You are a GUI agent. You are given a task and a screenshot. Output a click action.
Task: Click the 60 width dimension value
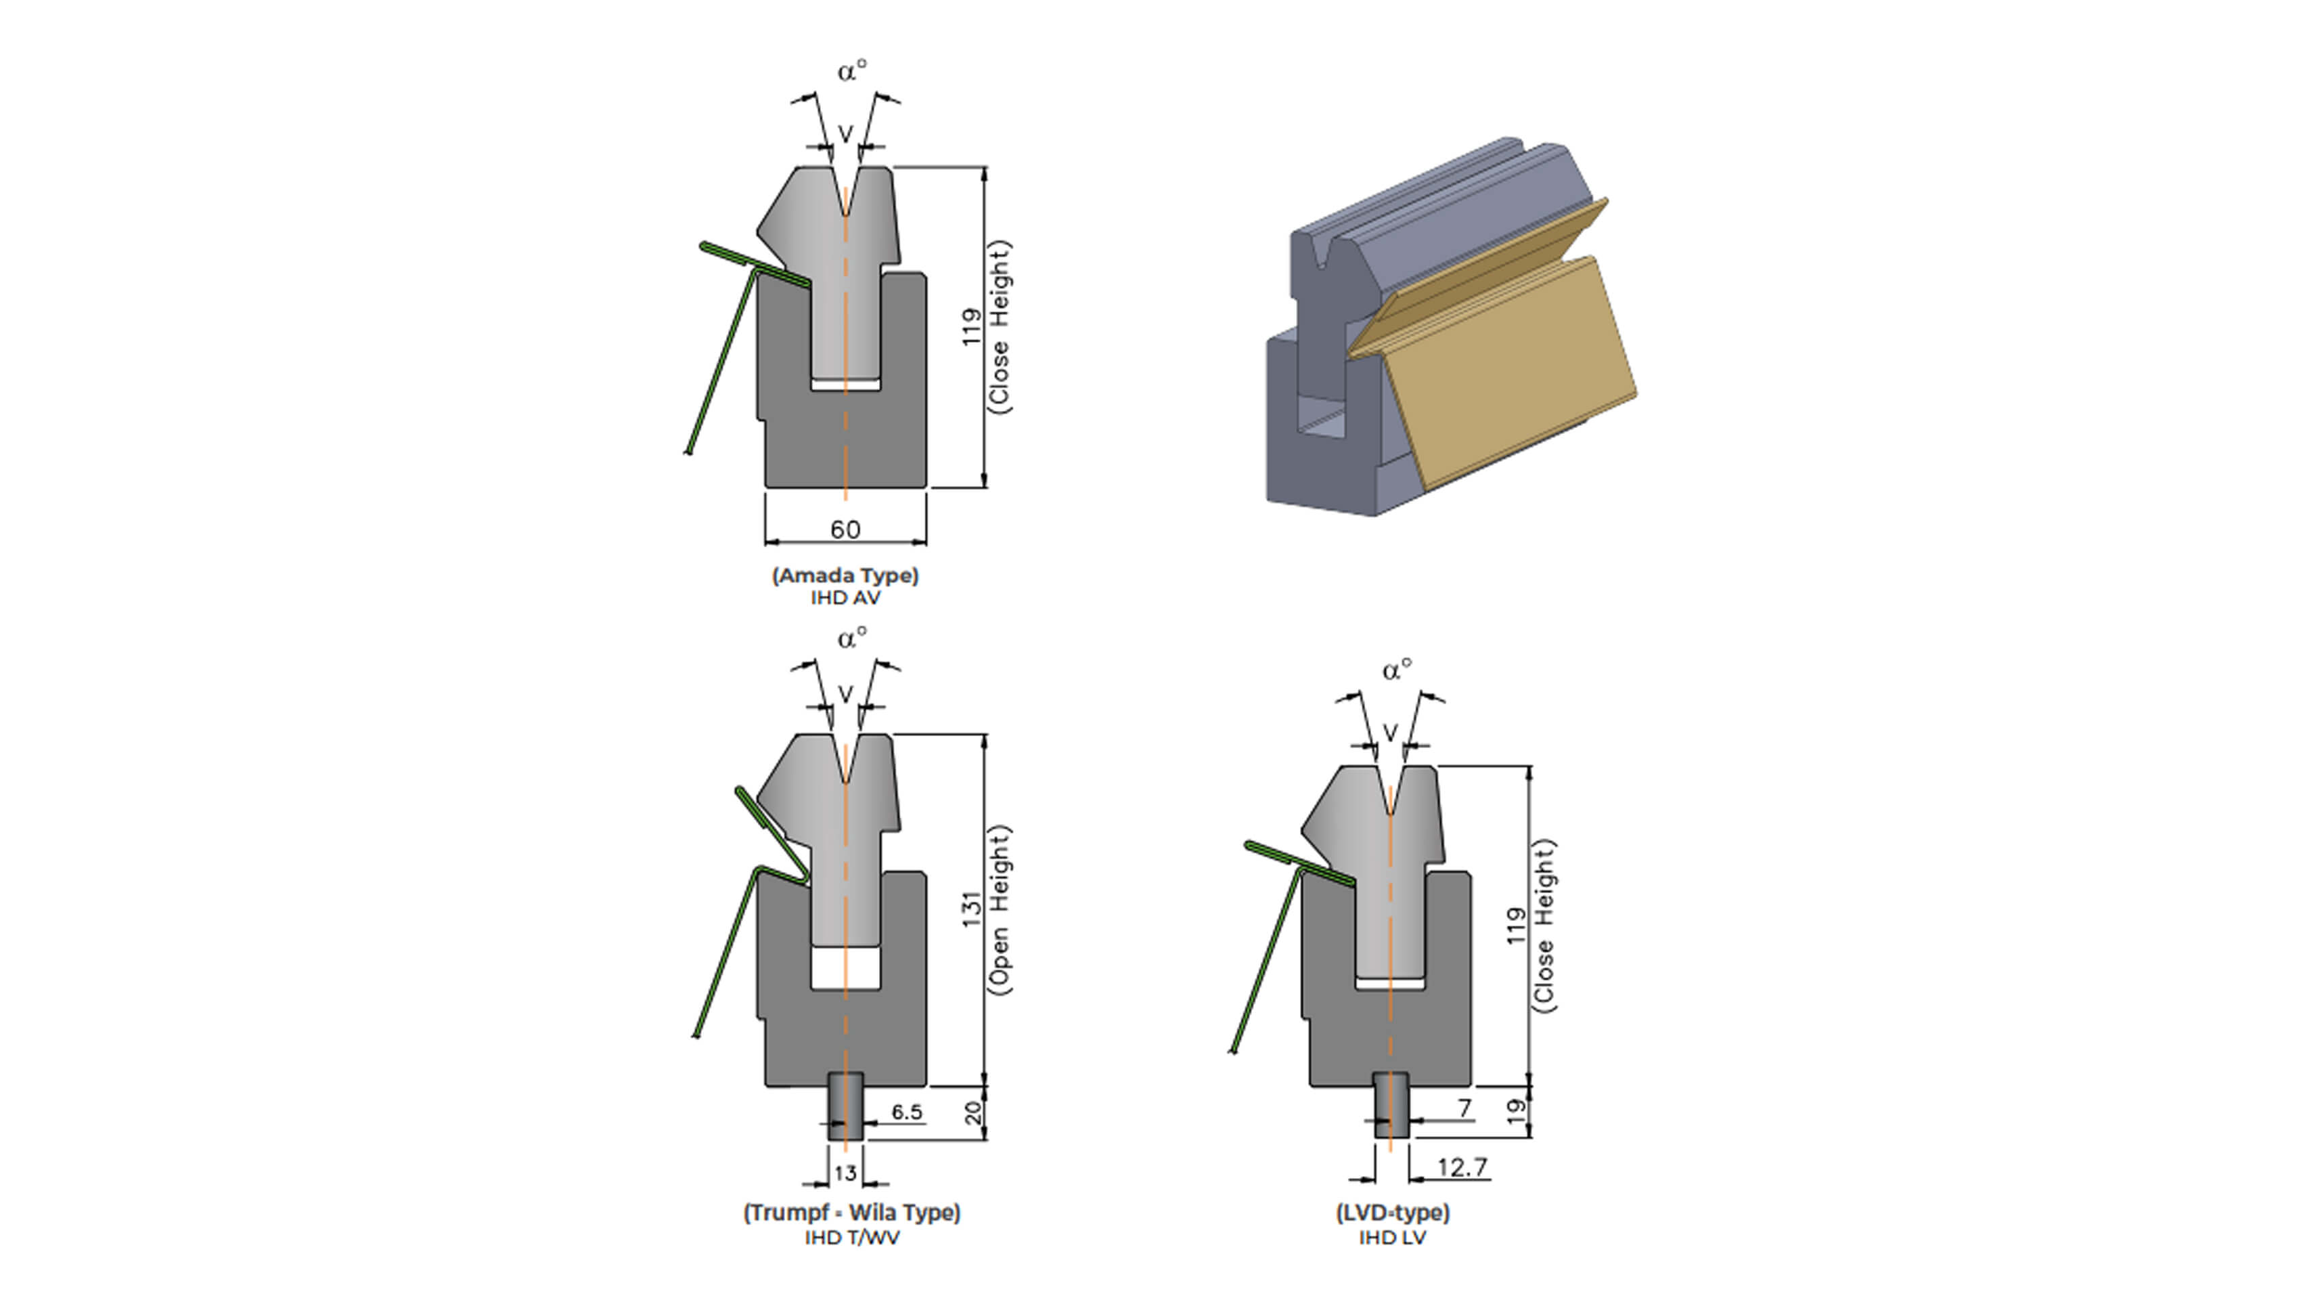coord(845,529)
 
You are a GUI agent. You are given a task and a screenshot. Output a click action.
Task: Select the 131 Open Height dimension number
coord(972,909)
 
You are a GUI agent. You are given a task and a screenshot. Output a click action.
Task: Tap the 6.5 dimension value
coord(906,1112)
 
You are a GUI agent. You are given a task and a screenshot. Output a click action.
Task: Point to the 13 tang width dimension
coord(845,1173)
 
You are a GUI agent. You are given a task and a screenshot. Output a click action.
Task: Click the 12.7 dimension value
coord(1462,1167)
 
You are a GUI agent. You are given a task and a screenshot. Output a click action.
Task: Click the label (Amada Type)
coord(845,576)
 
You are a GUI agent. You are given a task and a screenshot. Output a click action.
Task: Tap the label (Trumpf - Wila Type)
coord(851,1212)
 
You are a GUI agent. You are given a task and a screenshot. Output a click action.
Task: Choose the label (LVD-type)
coord(1393,1212)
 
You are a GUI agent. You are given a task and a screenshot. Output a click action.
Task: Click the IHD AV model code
coord(845,598)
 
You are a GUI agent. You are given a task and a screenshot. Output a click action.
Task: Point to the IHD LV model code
coord(1393,1237)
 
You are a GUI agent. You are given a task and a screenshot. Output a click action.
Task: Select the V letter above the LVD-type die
coord(1390,733)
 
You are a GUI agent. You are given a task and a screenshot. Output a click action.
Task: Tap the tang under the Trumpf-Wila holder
coord(845,1106)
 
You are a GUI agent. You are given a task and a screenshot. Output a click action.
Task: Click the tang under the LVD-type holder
coord(1391,1106)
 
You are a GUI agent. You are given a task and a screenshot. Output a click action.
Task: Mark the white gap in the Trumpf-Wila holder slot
coord(845,968)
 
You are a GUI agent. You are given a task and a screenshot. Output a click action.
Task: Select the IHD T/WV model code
coord(851,1237)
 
